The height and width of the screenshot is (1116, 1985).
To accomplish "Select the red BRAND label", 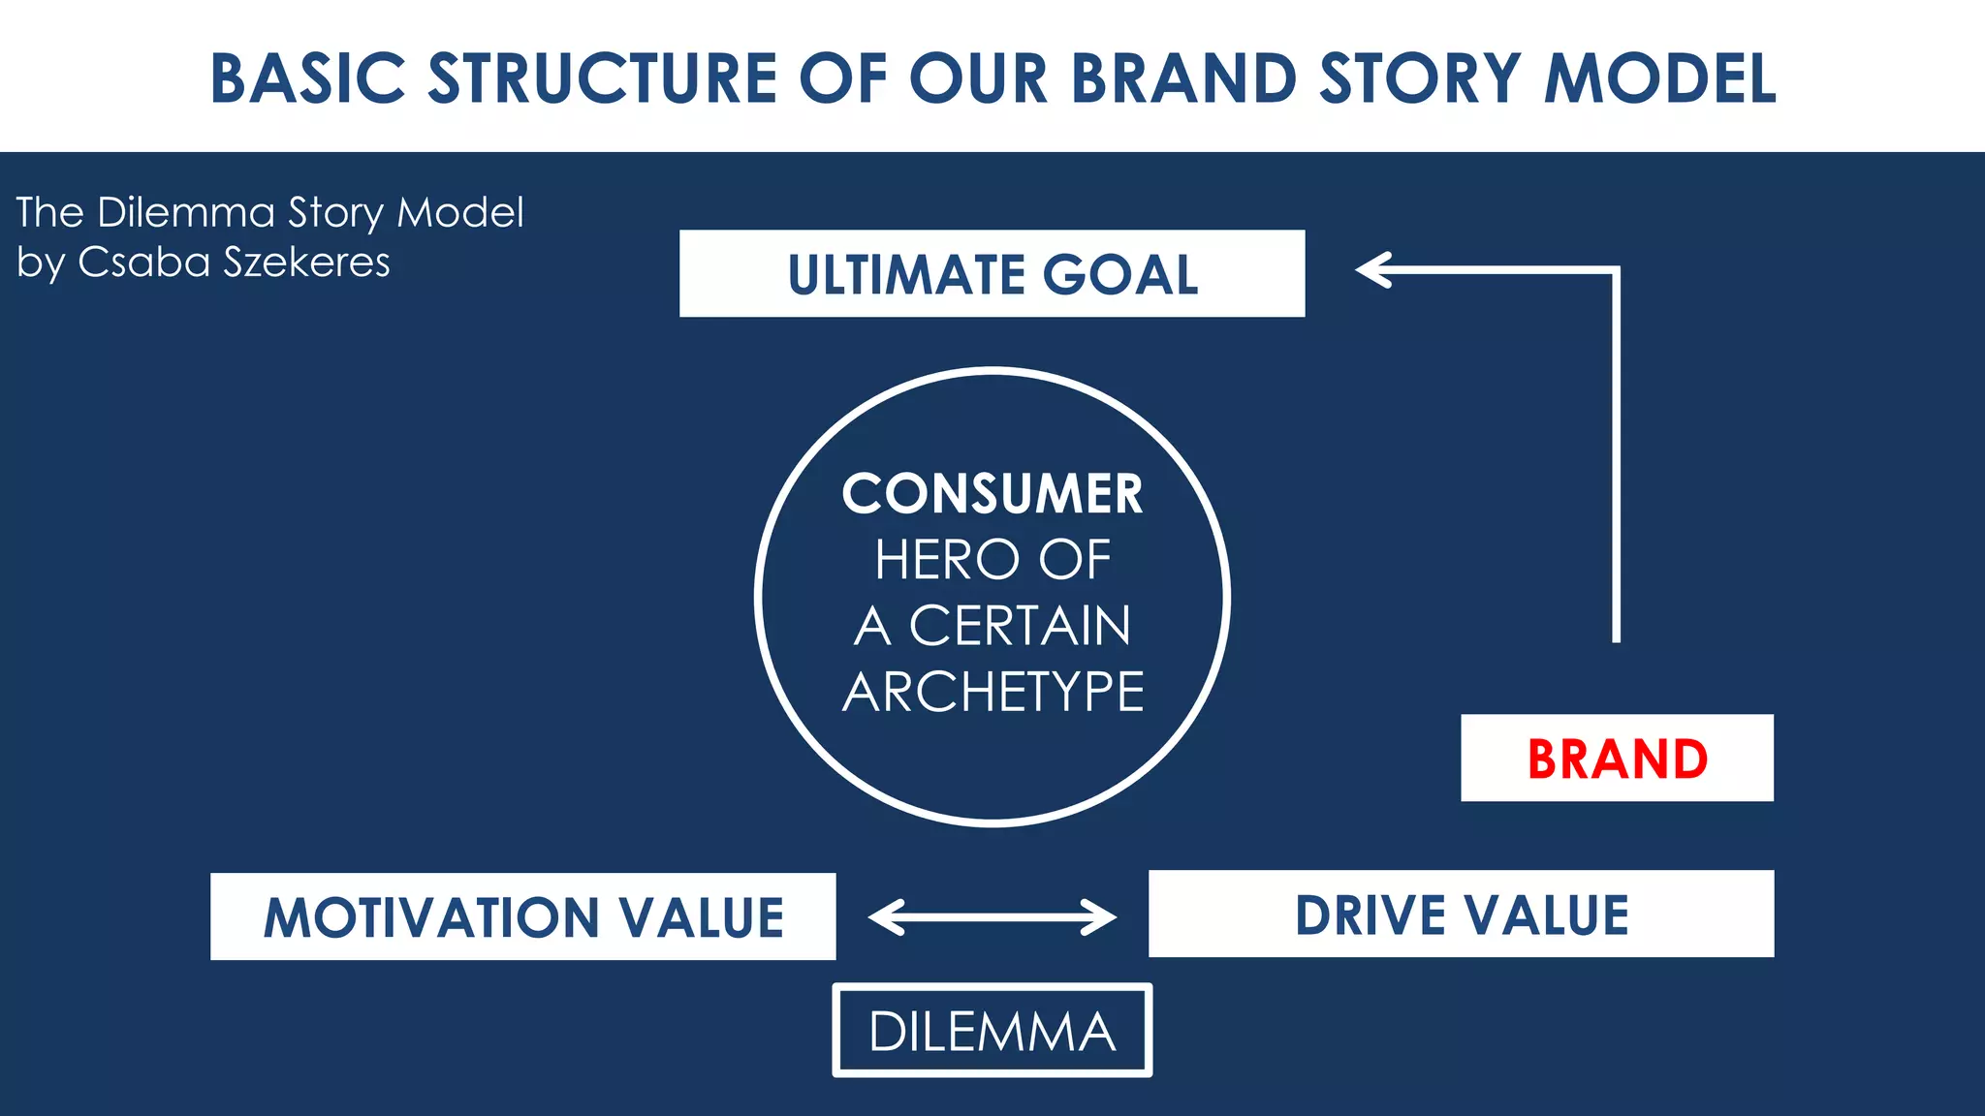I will (1617, 759).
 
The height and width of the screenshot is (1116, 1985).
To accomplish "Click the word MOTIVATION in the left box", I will (431, 917).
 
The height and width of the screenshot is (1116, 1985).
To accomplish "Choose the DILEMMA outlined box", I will (992, 1031).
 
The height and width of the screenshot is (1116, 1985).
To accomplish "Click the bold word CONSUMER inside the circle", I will (992, 494).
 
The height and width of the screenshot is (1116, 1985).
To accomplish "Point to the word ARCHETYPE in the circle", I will (992, 692).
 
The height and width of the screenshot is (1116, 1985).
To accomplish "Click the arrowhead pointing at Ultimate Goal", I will (1372, 270).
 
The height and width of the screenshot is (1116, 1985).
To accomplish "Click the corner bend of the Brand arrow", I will (1616, 271).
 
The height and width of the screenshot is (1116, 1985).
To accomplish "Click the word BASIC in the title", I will (308, 78).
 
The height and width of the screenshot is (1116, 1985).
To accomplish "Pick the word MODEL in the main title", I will (1659, 78).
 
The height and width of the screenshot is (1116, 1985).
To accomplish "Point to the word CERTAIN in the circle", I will (1020, 626).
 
